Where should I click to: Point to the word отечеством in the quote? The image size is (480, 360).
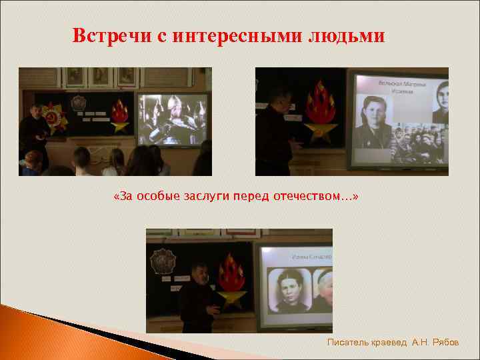pyautogui.click(x=315, y=197)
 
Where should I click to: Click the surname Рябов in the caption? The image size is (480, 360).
pyautogui.click(x=446, y=342)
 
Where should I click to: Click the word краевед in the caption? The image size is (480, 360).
pyautogui.click(x=390, y=342)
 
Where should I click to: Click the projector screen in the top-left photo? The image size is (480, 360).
pyautogui.click(x=171, y=119)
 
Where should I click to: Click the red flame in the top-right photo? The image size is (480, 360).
pyautogui.click(x=320, y=103)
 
